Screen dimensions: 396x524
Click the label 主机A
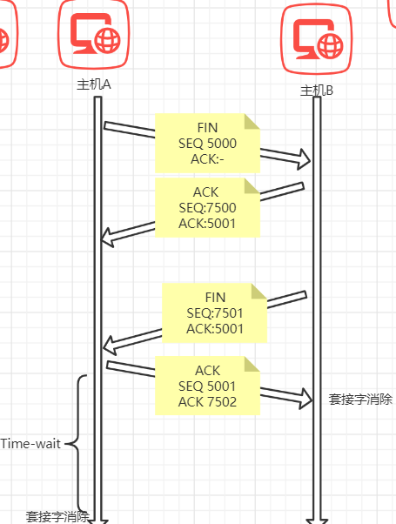coord(94,84)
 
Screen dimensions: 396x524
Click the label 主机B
coord(317,91)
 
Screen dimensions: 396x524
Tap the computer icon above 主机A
coord(94,33)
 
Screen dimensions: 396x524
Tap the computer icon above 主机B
coord(317,39)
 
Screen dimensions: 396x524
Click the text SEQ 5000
coord(207,144)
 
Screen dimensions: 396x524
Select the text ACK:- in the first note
coord(207,159)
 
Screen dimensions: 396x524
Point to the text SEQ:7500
coord(207,207)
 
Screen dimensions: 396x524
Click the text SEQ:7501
coord(215,313)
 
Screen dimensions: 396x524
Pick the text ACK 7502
coord(207,401)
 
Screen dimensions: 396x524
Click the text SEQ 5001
coord(207,386)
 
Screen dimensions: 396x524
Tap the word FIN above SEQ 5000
coord(207,128)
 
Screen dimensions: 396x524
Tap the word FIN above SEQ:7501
coord(215,298)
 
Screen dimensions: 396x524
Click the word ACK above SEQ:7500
coord(206,192)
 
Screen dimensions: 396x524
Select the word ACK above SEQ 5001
coord(207,371)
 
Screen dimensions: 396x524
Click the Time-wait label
coord(30,444)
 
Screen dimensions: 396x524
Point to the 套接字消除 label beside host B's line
coord(360,400)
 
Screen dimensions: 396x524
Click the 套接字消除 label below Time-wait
coord(57,517)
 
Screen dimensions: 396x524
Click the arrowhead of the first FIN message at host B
coord(305,158)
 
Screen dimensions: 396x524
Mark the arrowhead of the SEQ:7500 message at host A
coord(108,238)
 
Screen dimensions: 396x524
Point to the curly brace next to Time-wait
coord(77,444)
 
